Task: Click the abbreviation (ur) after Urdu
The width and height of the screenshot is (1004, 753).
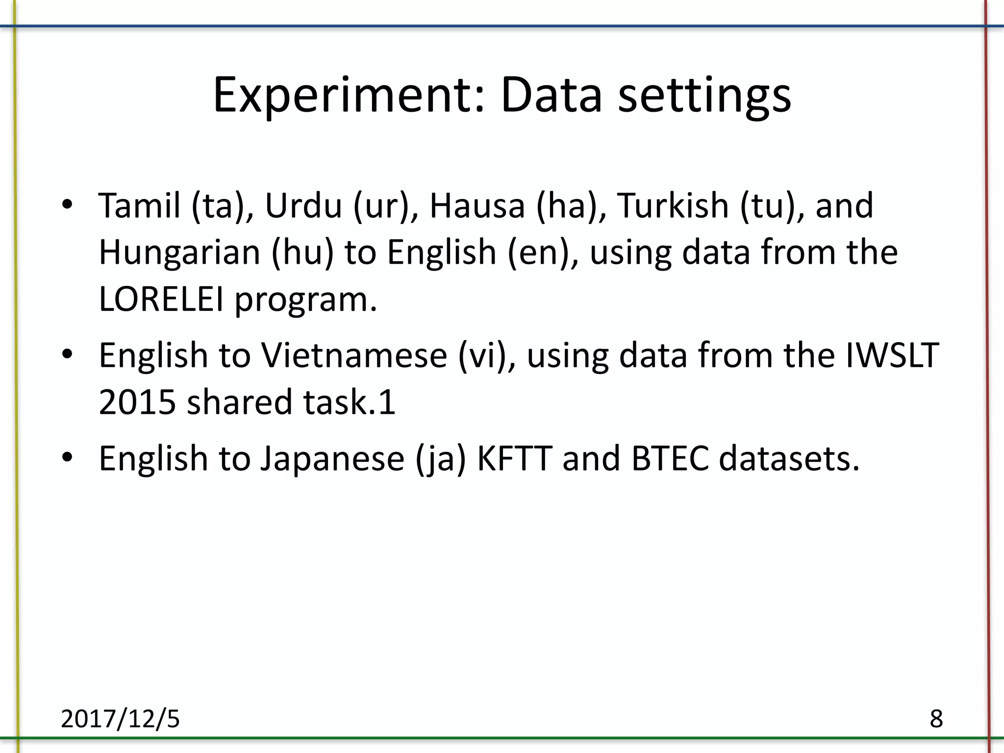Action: tap(380, 206)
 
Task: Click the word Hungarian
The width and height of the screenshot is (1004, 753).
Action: tap(179, 252)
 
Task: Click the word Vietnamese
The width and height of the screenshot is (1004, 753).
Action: tap(353, 355)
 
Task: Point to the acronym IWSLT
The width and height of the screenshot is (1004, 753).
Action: tap(892, 355)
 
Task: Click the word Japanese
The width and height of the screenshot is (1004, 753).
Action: tap(332, 459)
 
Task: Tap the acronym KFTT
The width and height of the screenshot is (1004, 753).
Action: tap(514, 459)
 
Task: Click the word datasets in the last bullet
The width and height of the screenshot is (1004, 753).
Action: tap(789, 459)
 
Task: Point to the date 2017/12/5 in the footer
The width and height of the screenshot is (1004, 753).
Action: tap(120, 719)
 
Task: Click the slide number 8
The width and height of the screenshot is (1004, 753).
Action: tap(936, 719)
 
